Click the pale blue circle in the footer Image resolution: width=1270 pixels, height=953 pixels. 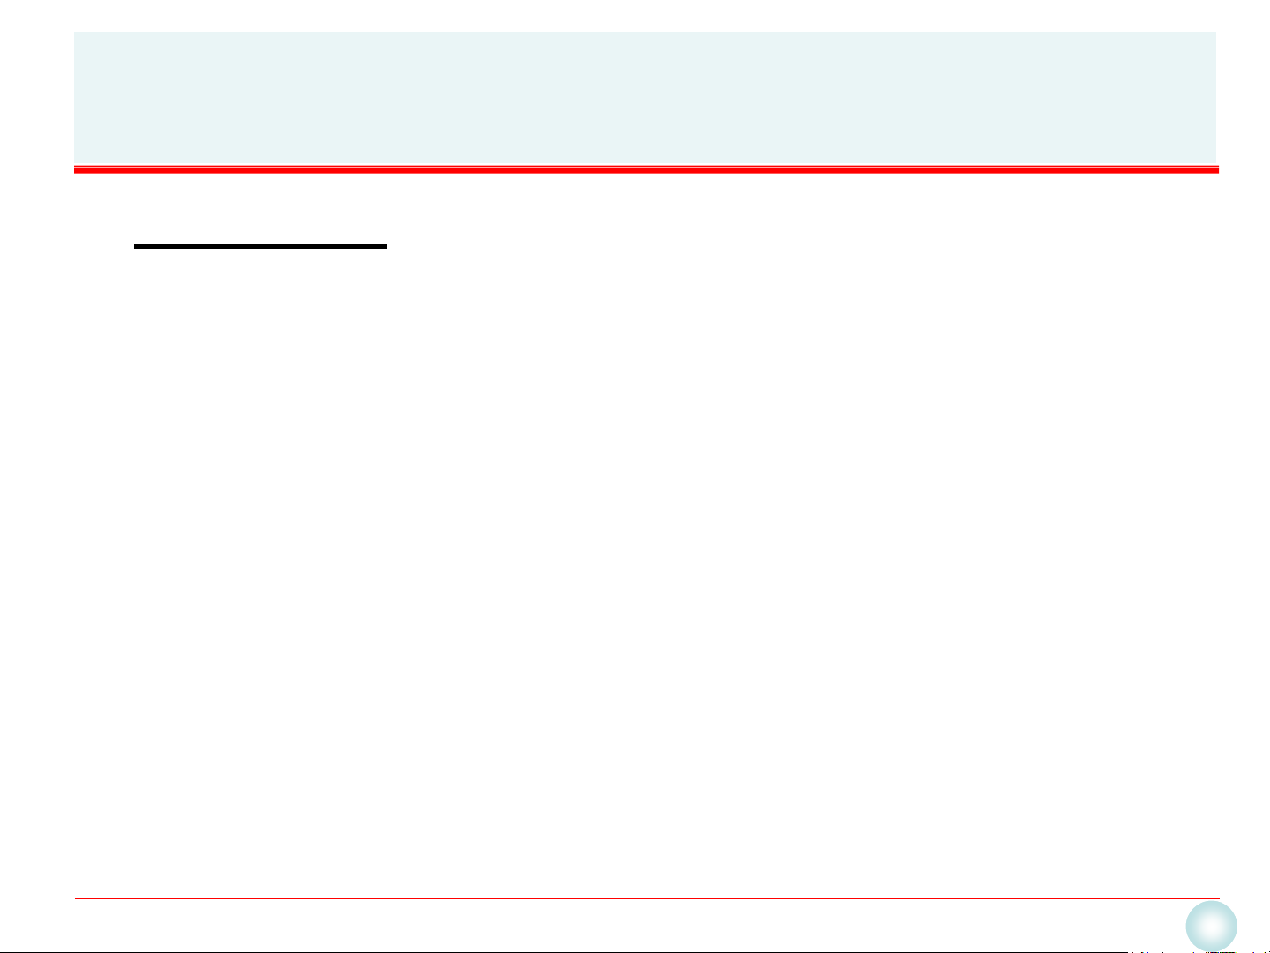1211,927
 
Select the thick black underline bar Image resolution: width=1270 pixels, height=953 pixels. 260,247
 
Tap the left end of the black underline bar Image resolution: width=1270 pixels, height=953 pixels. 135,247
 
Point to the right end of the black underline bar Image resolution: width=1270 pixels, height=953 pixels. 386,247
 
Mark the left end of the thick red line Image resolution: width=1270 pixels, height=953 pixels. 75,170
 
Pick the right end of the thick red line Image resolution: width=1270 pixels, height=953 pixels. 1218,170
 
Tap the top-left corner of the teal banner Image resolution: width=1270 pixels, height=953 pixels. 75,33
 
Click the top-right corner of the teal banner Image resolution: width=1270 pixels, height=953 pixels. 1216,33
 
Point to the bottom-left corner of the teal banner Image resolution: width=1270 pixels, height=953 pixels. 75,162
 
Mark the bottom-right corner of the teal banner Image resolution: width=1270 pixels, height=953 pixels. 1216,162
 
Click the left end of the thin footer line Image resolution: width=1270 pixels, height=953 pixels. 75,899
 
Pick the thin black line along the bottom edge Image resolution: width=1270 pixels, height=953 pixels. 564,951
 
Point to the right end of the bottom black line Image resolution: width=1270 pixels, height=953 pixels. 1128,951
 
